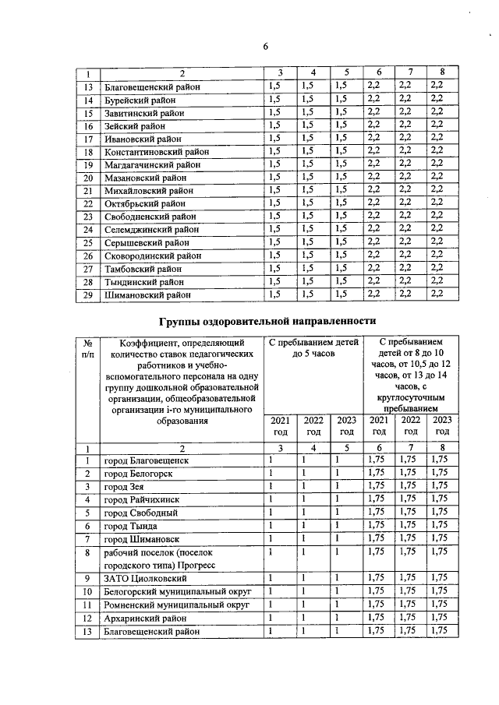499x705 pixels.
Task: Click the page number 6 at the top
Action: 264,46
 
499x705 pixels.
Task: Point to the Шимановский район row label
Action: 144,294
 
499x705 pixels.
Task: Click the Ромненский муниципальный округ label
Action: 172,605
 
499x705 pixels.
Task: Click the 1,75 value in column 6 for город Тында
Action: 377,526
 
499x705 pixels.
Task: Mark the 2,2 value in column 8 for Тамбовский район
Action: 437,268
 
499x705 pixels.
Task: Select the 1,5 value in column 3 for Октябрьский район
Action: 274,203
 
